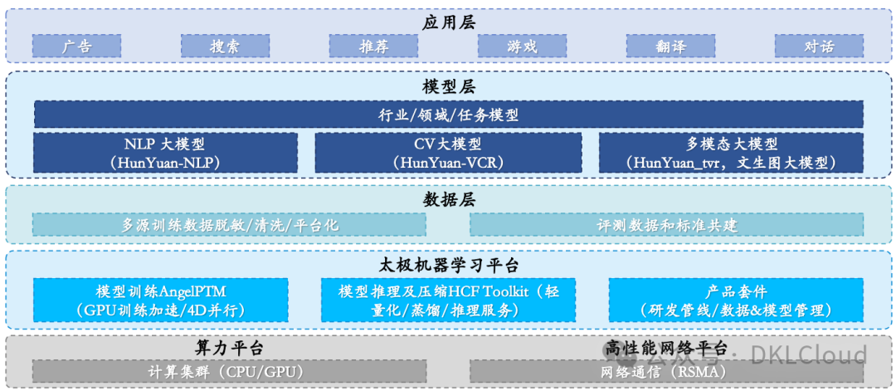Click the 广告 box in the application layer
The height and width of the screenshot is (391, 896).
[76, 46]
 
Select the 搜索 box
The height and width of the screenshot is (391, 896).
[225, 46]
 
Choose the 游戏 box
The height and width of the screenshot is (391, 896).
[522, 46]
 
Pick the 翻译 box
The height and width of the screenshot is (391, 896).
[670, 46]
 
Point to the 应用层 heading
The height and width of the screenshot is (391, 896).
[448, 22]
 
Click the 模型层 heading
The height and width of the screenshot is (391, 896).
[448, 87]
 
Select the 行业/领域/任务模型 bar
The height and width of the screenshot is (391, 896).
[448, 115]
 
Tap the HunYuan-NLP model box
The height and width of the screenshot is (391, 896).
[165, 153]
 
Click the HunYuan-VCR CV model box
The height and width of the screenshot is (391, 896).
[448, 153]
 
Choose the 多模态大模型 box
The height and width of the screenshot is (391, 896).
[731, 153]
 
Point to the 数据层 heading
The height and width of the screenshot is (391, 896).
[448, 200]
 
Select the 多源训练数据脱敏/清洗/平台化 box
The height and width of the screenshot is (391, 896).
[229, 224]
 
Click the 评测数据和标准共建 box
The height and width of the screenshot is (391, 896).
[666, 224]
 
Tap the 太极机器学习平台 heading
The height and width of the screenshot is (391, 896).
[448, 266]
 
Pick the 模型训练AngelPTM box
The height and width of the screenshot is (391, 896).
[161, 301]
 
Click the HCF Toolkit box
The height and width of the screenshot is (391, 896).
[448, 301]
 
